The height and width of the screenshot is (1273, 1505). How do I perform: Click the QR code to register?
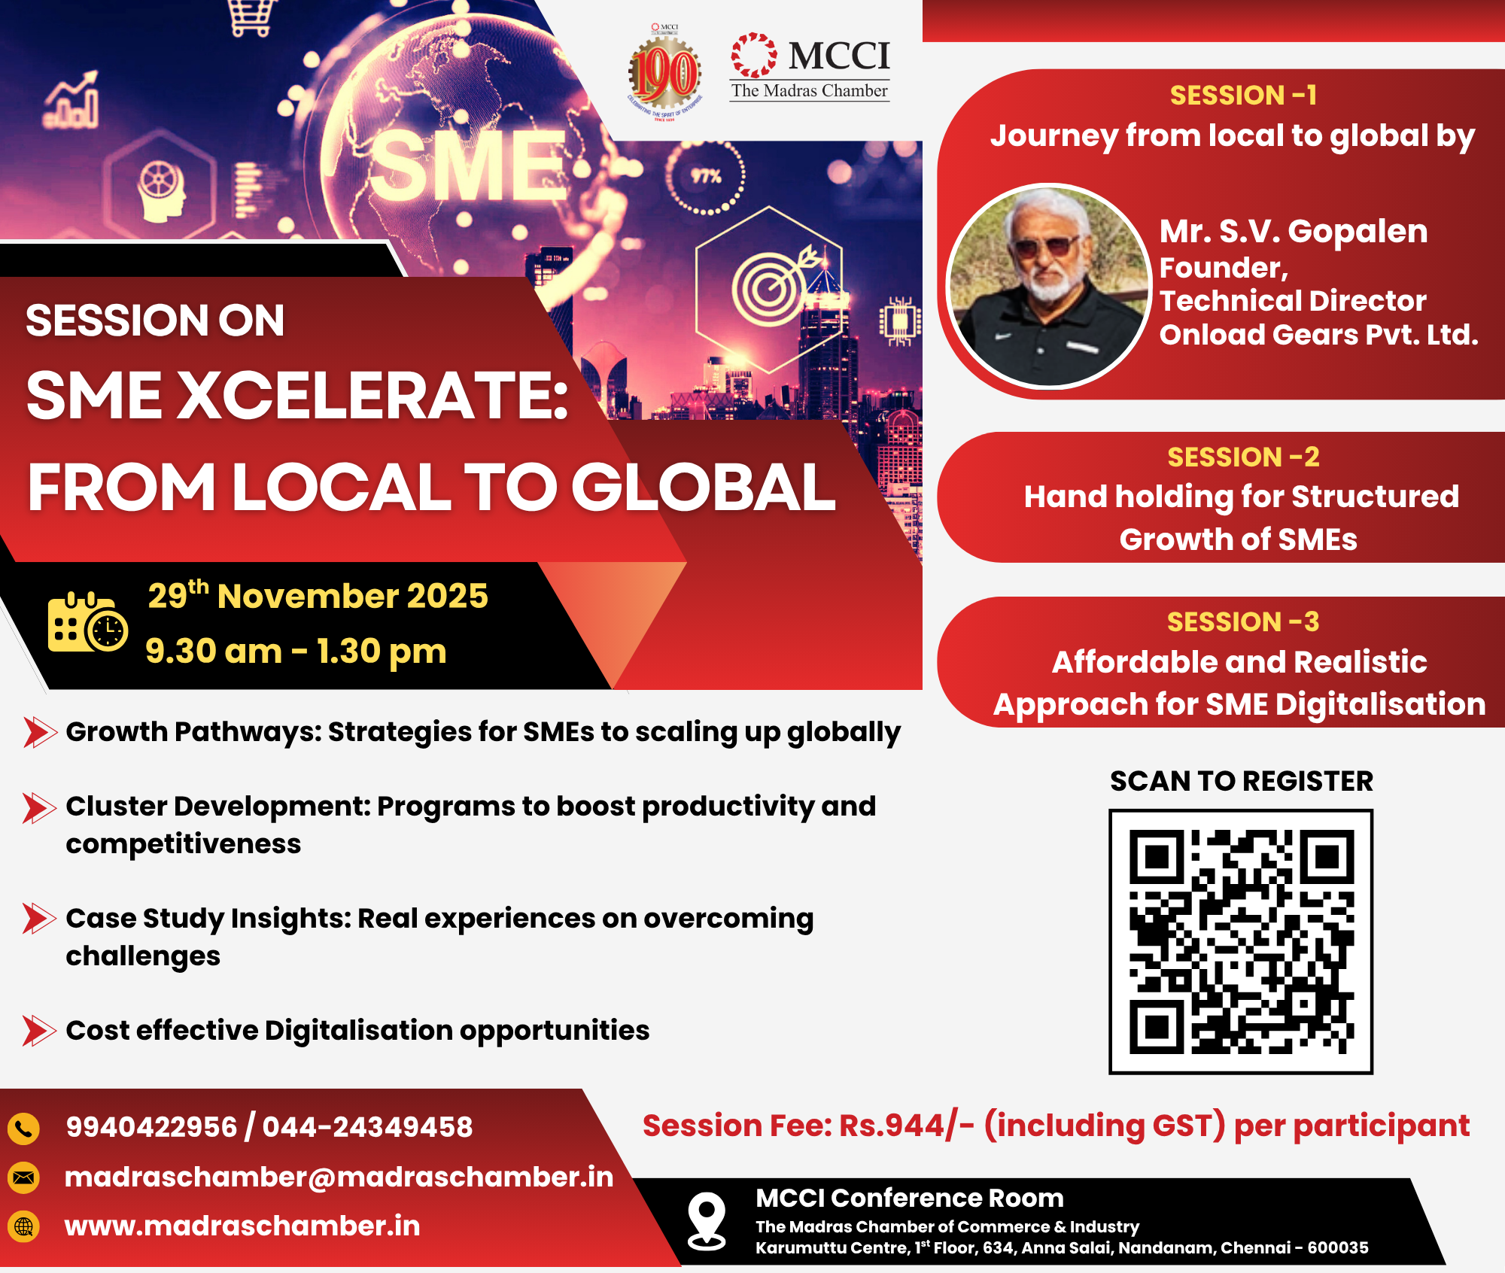tap(1241, 941)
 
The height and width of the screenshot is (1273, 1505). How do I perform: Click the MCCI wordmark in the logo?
tap(839, 56)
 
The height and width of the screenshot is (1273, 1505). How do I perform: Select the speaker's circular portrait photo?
tap(1048, 286)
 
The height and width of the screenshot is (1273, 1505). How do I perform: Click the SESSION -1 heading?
tap(1243, 96)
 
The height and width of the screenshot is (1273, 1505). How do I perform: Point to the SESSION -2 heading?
tap(1243, 457)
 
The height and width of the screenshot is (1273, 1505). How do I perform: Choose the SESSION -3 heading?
tap(1243, 622)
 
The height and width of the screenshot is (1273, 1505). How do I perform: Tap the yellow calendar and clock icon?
tap(87, 622)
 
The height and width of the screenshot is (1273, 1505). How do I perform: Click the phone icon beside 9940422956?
tap(24, 1128)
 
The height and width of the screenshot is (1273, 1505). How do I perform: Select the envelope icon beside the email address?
tap(24, 1177)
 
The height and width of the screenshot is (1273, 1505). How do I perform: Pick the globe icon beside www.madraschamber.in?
tap(24, 1226)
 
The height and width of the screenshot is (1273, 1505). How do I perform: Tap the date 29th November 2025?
tap(318, 595)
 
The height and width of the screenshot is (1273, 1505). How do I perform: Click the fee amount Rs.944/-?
tap(907, 1126)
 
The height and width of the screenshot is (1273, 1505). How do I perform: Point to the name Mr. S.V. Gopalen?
tap(1294, 232)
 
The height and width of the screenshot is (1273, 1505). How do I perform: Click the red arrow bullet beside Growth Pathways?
tap(40, 732)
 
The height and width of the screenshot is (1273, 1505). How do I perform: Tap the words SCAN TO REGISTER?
tap(1242, 781)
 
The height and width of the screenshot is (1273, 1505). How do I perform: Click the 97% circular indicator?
tap(706, 177)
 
